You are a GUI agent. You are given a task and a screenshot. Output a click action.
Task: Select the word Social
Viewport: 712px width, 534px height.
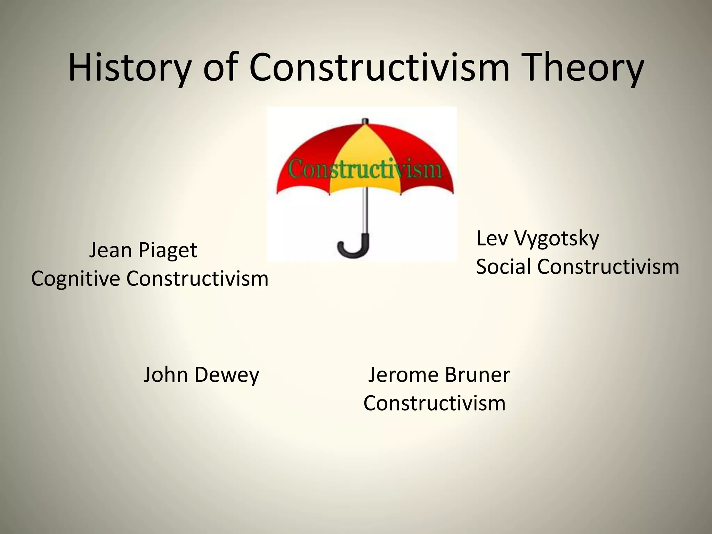[x=503, y=267]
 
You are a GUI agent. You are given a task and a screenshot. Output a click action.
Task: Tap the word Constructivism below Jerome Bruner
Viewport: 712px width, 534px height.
[x=435, y=404]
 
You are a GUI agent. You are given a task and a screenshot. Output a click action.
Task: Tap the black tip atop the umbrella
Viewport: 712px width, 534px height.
[x=364, y=121]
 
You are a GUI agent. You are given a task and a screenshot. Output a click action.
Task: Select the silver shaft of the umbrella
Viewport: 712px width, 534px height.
[x=364, y=212]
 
